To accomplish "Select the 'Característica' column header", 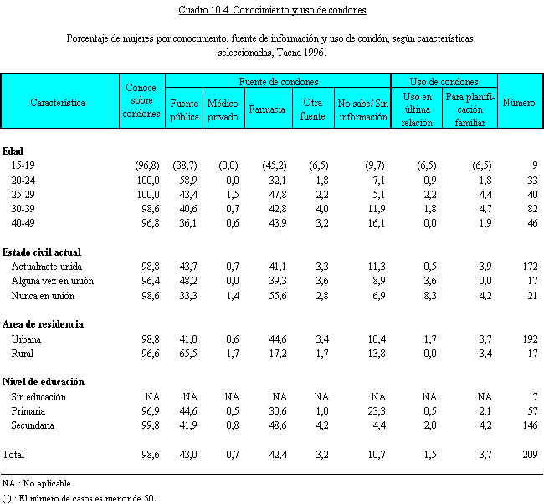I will pos(58,103).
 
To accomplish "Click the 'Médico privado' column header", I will pos(223,110).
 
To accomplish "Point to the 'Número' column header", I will pos(519,103).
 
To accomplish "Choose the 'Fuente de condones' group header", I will pos(277,82).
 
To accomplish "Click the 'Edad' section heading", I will pos(13,151).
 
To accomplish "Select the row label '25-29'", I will pos(24,194).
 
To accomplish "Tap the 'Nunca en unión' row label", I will pos(43,296).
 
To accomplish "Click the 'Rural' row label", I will pos(23,354).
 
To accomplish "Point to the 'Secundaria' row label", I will pos(33,425).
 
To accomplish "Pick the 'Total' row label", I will pos(14,454).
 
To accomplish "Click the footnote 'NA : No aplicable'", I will pos(36,483).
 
